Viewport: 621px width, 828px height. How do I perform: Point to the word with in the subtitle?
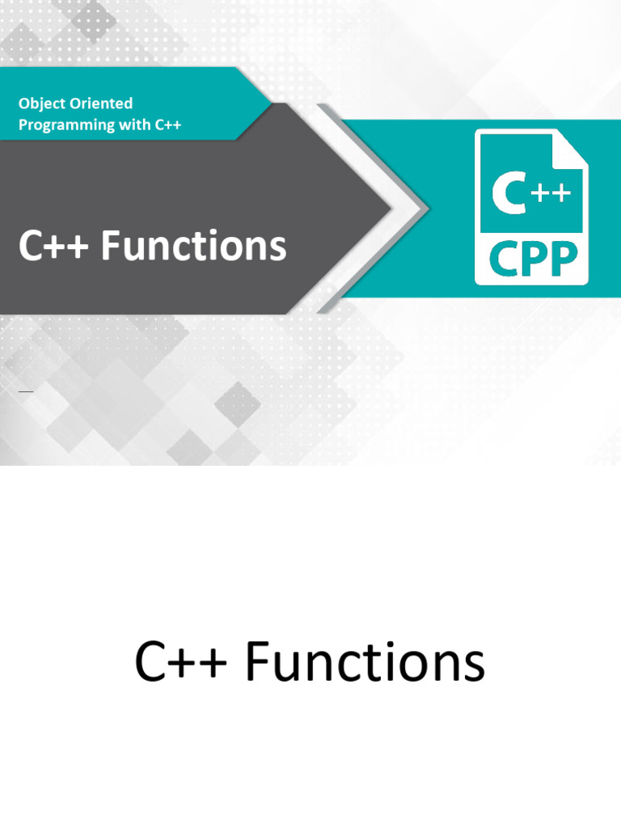[135, 125]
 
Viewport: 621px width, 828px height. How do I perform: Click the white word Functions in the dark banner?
[194, 246]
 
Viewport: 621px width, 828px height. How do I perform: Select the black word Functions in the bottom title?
[365, 662]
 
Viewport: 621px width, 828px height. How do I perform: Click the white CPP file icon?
[531, 207]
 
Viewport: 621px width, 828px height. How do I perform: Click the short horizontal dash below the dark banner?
[26, 391]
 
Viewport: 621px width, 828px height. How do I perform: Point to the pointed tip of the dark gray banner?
[391, 209]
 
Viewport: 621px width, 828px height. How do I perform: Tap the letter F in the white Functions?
[111, 246]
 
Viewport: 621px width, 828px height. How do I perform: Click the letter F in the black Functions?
[260, 662]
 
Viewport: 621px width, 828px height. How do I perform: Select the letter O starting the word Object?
[25, 103]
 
